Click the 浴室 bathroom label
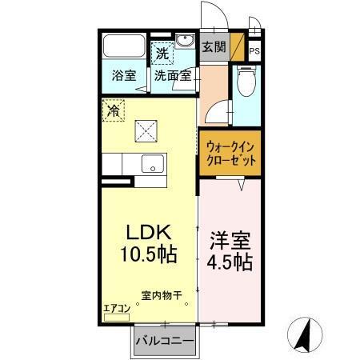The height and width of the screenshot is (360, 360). (123, 77)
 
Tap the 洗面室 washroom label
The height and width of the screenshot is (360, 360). (172, 77)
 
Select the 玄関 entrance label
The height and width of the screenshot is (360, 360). (213, 47)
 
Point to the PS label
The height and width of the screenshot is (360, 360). (254, 50)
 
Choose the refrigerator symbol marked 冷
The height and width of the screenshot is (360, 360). (114, 111)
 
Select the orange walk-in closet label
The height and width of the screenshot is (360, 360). (230, 154)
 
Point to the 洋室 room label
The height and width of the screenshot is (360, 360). (231, 239)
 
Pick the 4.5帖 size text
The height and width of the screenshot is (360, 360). (231, 262)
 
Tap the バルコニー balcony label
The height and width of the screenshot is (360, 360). (164, 342)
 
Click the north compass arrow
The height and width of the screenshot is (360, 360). (305, 334)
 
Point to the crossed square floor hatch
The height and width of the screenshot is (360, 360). (146, 128)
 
